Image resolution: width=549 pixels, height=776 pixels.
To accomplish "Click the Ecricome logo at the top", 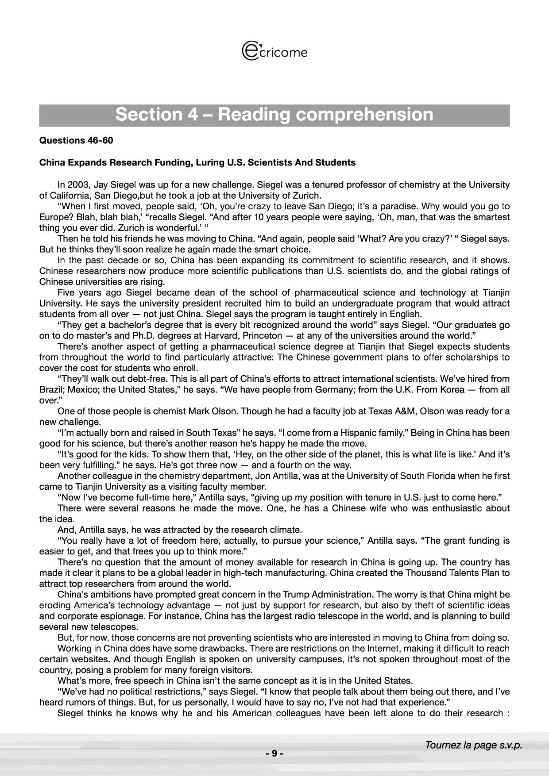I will [x=274, y=51].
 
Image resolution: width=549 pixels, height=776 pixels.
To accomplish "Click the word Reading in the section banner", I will [x=253, y=115].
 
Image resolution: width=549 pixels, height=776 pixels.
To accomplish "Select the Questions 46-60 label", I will [x=76, y=141].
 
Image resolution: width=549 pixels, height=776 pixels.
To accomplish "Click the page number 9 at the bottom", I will [x=274, y=753].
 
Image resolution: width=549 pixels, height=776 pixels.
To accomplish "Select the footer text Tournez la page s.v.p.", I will [x=473, y=745].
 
